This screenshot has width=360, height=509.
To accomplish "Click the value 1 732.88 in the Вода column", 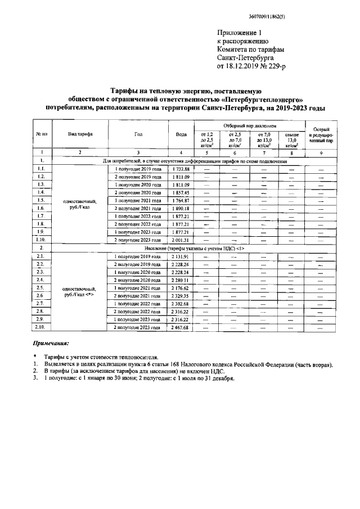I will (181, 169).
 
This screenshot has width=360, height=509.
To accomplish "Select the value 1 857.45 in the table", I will (181, 192).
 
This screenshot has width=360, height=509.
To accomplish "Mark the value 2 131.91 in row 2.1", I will (181, 256).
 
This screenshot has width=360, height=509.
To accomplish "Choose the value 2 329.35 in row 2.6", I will (181, 295).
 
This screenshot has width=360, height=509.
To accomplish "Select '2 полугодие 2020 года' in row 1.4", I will (138, 192).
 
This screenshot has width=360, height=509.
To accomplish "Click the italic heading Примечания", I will (51, 343).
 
